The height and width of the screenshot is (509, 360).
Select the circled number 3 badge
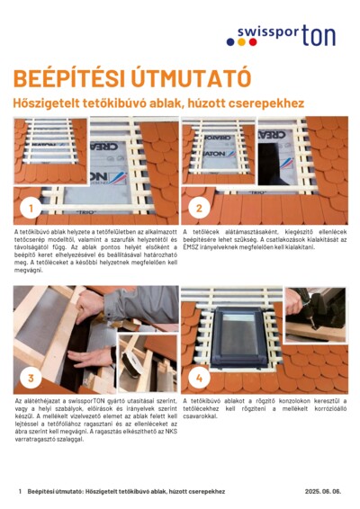tap(31, 377)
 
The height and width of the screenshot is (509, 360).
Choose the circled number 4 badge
tap(200, 377)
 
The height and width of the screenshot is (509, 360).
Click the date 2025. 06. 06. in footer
tap(323, 492)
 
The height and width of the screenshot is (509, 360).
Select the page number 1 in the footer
tap(20, 492)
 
